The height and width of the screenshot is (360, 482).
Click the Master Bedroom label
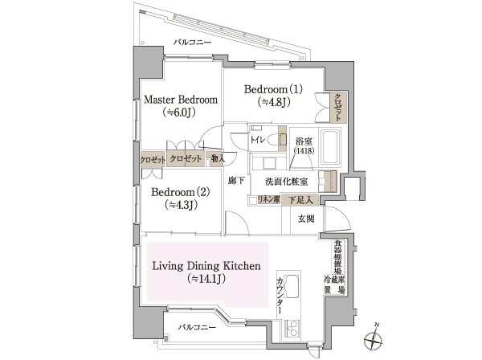coord(181,100)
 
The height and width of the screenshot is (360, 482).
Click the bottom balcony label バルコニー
coord(198,328)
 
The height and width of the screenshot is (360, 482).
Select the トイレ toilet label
coord(259,138)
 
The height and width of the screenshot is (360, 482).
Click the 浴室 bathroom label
coord(303,138)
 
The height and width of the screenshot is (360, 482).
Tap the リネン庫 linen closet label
coord(268,198)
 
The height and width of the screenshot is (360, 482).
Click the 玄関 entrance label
coord(307,218)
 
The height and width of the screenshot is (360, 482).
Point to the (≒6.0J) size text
coord(180,113)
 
